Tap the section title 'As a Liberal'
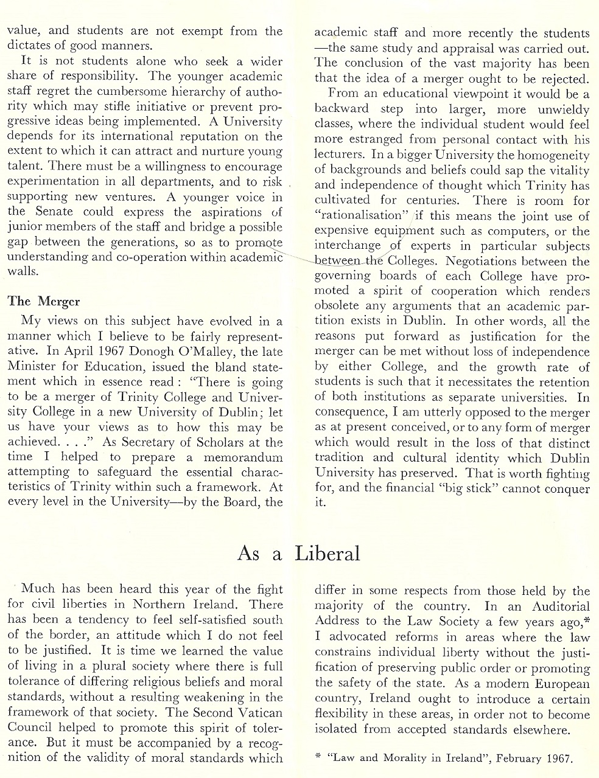[298, 553]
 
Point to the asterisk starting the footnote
[318, 757]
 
